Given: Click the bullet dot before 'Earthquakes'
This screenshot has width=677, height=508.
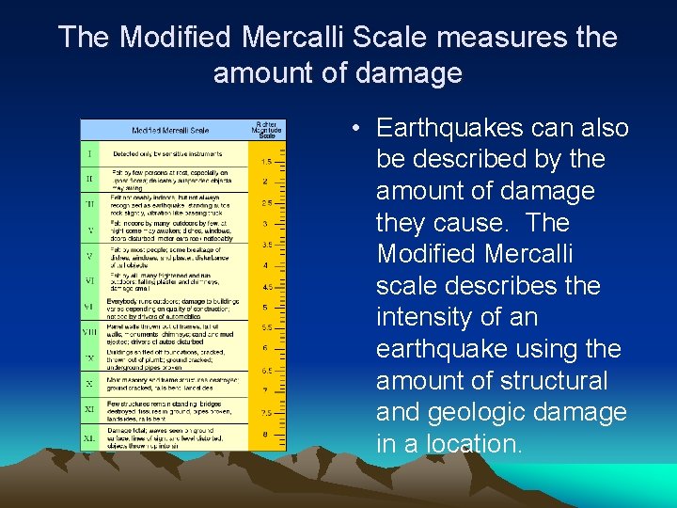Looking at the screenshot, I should click(360, 128).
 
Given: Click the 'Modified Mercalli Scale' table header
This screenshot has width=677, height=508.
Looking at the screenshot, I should click(170, 131).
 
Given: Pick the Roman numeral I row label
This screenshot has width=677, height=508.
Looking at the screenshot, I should click(90, 154).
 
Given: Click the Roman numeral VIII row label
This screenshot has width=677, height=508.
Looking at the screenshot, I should click(89, 332).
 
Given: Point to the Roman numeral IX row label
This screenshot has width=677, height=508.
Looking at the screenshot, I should click(89, 357).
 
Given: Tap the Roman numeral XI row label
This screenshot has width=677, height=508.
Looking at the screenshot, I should click(89, 410).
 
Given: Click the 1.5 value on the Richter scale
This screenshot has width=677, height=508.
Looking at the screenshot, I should click(266, 162).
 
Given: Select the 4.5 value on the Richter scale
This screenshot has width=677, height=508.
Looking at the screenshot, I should click(266, 287).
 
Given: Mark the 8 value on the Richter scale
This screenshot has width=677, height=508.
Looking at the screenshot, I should click(265, 434).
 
